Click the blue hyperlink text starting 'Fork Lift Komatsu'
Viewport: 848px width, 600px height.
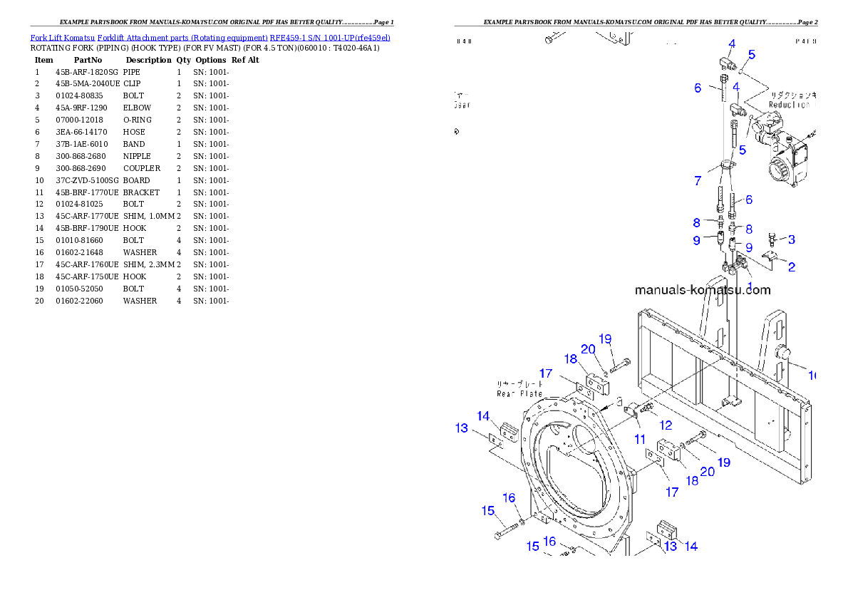pyautogui.click(x=210, y=37)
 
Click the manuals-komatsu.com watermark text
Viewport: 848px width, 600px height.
pyautogui.click(x=703, y=290)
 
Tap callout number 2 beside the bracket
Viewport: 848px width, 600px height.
pyautogui.click(x=791, y=268)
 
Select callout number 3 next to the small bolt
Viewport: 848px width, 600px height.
pyautogui.click(x=791, y=239)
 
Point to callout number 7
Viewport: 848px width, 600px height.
pyautogui.click(x=698, y=181)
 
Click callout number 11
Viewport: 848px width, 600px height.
pyautogui.click(x=640, y=440)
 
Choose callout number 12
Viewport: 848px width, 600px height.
pyautogui.click(x=666, y=425)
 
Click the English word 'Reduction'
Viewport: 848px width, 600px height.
pyautogui.click(x=789, y=105)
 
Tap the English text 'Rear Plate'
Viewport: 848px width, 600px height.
pyautogui.click(x=519, y=393)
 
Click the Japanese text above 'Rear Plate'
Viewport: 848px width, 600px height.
pyautogui.click(x=519, y=383)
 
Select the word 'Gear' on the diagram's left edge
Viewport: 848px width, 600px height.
pyautogui.click(x=462, y=105)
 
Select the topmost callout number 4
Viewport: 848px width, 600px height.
pyautogui.click(x=732, y=44)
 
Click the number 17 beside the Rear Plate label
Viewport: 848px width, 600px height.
pyautogui.click(x=546, y=373)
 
